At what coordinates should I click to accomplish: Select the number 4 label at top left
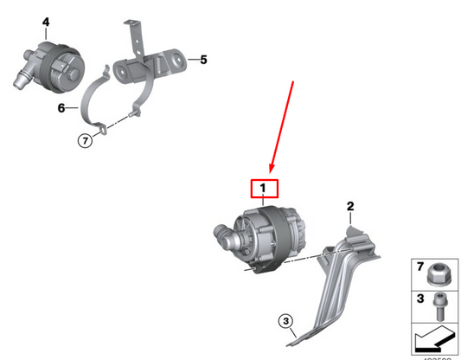pyautogui.click(x=22, y=21)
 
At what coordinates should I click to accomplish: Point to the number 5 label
pyautogui.click(x=203, y=60)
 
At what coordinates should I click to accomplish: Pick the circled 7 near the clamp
pyautogui.click(x=84, y=140)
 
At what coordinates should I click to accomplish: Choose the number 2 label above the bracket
pyautogui.click(x=350, y=206)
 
